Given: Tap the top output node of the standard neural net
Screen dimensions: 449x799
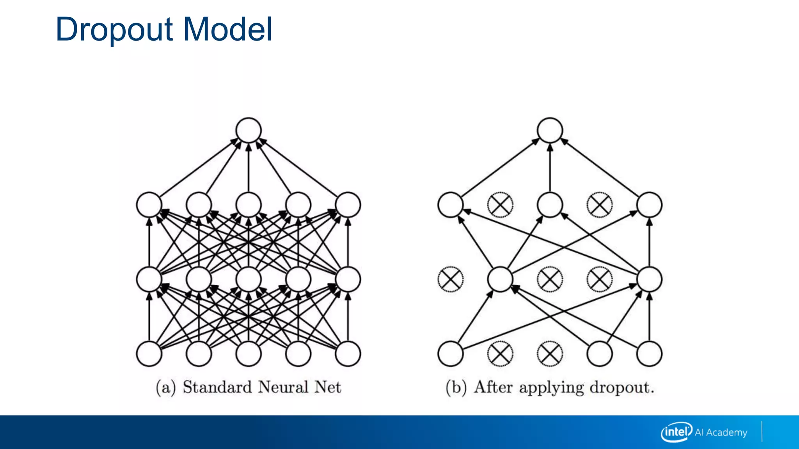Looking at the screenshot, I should [x=249, y=130].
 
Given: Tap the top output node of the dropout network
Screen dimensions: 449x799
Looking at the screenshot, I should [x=550, y=130].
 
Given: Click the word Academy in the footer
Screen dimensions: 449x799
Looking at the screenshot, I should [x=726, y=432].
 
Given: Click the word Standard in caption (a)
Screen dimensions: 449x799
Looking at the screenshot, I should [x=217, y=387].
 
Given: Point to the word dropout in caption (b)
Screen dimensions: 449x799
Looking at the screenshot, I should [x=621, y=387].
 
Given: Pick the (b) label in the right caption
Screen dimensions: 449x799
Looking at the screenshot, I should [x=456, y=387].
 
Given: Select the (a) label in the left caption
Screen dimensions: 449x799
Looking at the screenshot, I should [x=166, y=387].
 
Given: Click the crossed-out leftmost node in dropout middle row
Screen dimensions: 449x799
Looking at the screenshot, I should [x=451, y=279].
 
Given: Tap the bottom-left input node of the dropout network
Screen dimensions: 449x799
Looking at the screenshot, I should [x=451, y=354].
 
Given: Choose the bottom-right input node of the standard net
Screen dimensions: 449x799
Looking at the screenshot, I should [x=348, y=354].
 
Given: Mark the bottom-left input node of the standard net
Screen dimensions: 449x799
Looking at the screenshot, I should [x=149, y=354].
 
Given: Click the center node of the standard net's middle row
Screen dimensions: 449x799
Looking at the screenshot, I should [x=249, y=279].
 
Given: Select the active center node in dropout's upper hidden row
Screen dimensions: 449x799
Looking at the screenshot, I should [x=550, y=205].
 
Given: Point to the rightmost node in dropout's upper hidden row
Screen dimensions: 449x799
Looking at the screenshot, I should [x=649, y=205].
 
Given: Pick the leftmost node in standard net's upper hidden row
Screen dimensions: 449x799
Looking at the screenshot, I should [x=149, y=205].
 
